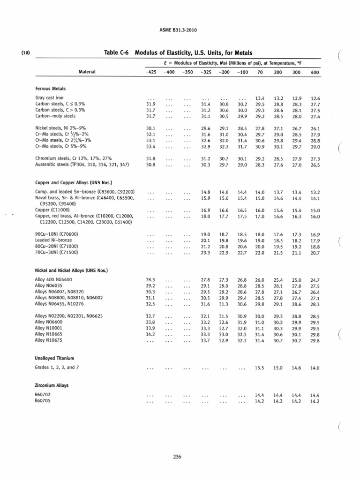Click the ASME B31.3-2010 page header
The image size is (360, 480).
[180, 31]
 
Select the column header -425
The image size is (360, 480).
[150, 72]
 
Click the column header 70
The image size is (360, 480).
[259, 72]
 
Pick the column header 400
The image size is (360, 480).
[315, 72]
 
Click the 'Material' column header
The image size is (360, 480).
[87, 72]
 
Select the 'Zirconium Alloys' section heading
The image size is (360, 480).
[52, 385]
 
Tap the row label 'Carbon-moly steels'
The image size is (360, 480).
[55, 116]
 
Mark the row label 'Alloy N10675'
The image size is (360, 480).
[50, 341]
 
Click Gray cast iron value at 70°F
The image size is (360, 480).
[260, 98]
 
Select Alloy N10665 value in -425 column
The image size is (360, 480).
[151, 335]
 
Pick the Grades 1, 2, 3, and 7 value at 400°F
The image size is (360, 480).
[315, 368]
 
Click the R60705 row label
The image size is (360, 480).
[43, 402]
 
